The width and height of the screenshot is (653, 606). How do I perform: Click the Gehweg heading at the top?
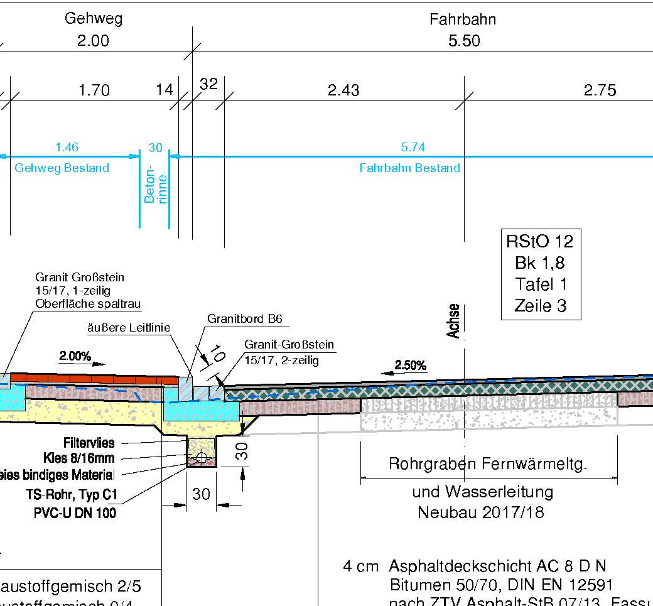click(93, 18)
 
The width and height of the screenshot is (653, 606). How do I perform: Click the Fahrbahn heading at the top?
click(463, 19)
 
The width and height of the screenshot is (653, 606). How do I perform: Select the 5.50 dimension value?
click(464, 41)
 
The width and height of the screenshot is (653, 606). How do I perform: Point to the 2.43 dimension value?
click(343, 91)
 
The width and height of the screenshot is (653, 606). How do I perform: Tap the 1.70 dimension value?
click(94, 91)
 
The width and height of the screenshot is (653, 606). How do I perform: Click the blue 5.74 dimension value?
click(413, 148)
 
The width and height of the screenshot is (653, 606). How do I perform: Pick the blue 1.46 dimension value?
click(67, 148)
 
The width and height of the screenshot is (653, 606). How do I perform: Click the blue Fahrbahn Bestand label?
click(409, 168)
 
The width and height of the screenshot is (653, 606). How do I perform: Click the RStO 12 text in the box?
click(540, 241)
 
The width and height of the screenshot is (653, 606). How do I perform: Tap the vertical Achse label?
click(454, 321)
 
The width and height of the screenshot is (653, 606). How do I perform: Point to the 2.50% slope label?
click(410, 365)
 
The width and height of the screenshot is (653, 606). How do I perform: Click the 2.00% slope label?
click(75, 357)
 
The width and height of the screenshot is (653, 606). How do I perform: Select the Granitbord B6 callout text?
click(245, 319)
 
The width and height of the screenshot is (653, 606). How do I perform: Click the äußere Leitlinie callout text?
click(129, 327)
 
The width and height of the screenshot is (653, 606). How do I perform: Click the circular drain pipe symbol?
click(202, 457)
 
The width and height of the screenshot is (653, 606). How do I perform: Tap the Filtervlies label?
click(89, 443)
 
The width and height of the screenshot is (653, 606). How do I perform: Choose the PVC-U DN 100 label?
click(75, 513)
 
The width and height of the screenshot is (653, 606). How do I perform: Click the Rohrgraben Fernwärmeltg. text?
click(488, 465)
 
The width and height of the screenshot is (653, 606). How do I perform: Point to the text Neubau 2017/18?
click(481, 512)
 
